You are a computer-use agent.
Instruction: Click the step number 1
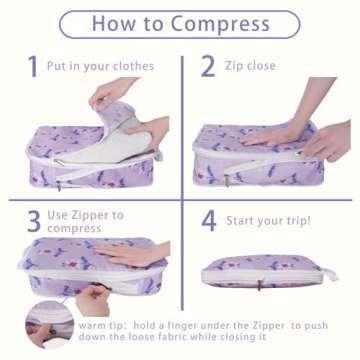point(32,67)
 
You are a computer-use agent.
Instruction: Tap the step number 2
point(208,67)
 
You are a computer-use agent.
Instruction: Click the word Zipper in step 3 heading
point(100,215)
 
